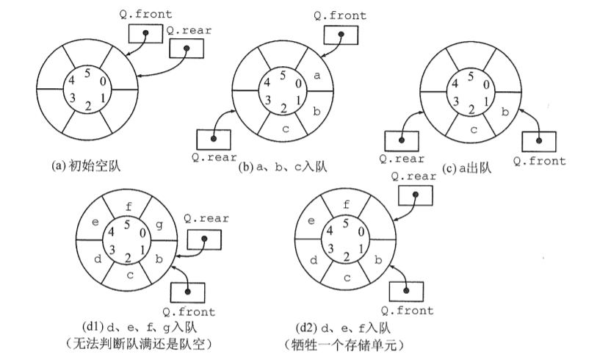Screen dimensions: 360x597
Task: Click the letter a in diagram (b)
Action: (x=316, y=75)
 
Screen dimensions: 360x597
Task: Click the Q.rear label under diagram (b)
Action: (x=214, y=156)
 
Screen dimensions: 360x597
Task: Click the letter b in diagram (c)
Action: (x=504, y=112)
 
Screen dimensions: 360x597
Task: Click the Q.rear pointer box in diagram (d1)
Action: (x=204, y=238)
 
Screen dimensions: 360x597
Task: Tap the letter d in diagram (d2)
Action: (x=313, y=260)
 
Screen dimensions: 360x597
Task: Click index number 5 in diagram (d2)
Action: (x=346, y=223)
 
